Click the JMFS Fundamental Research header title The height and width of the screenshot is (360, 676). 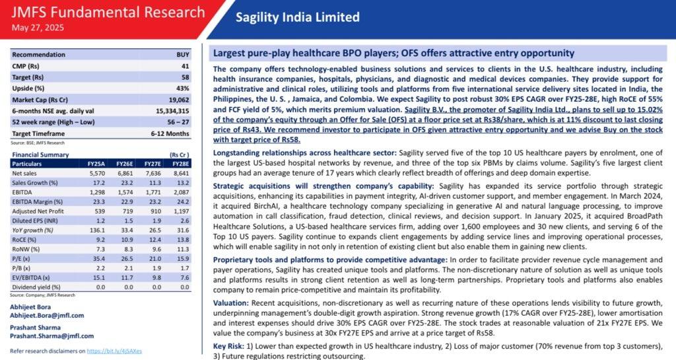click(x=108, y=12)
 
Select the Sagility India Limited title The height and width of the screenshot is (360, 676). click(x=298, y=17)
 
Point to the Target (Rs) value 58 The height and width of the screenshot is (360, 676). click(x=186, y=77)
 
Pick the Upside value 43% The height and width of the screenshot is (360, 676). click(x=183, y=89)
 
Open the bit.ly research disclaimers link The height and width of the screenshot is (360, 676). click(x=115, y=351)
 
